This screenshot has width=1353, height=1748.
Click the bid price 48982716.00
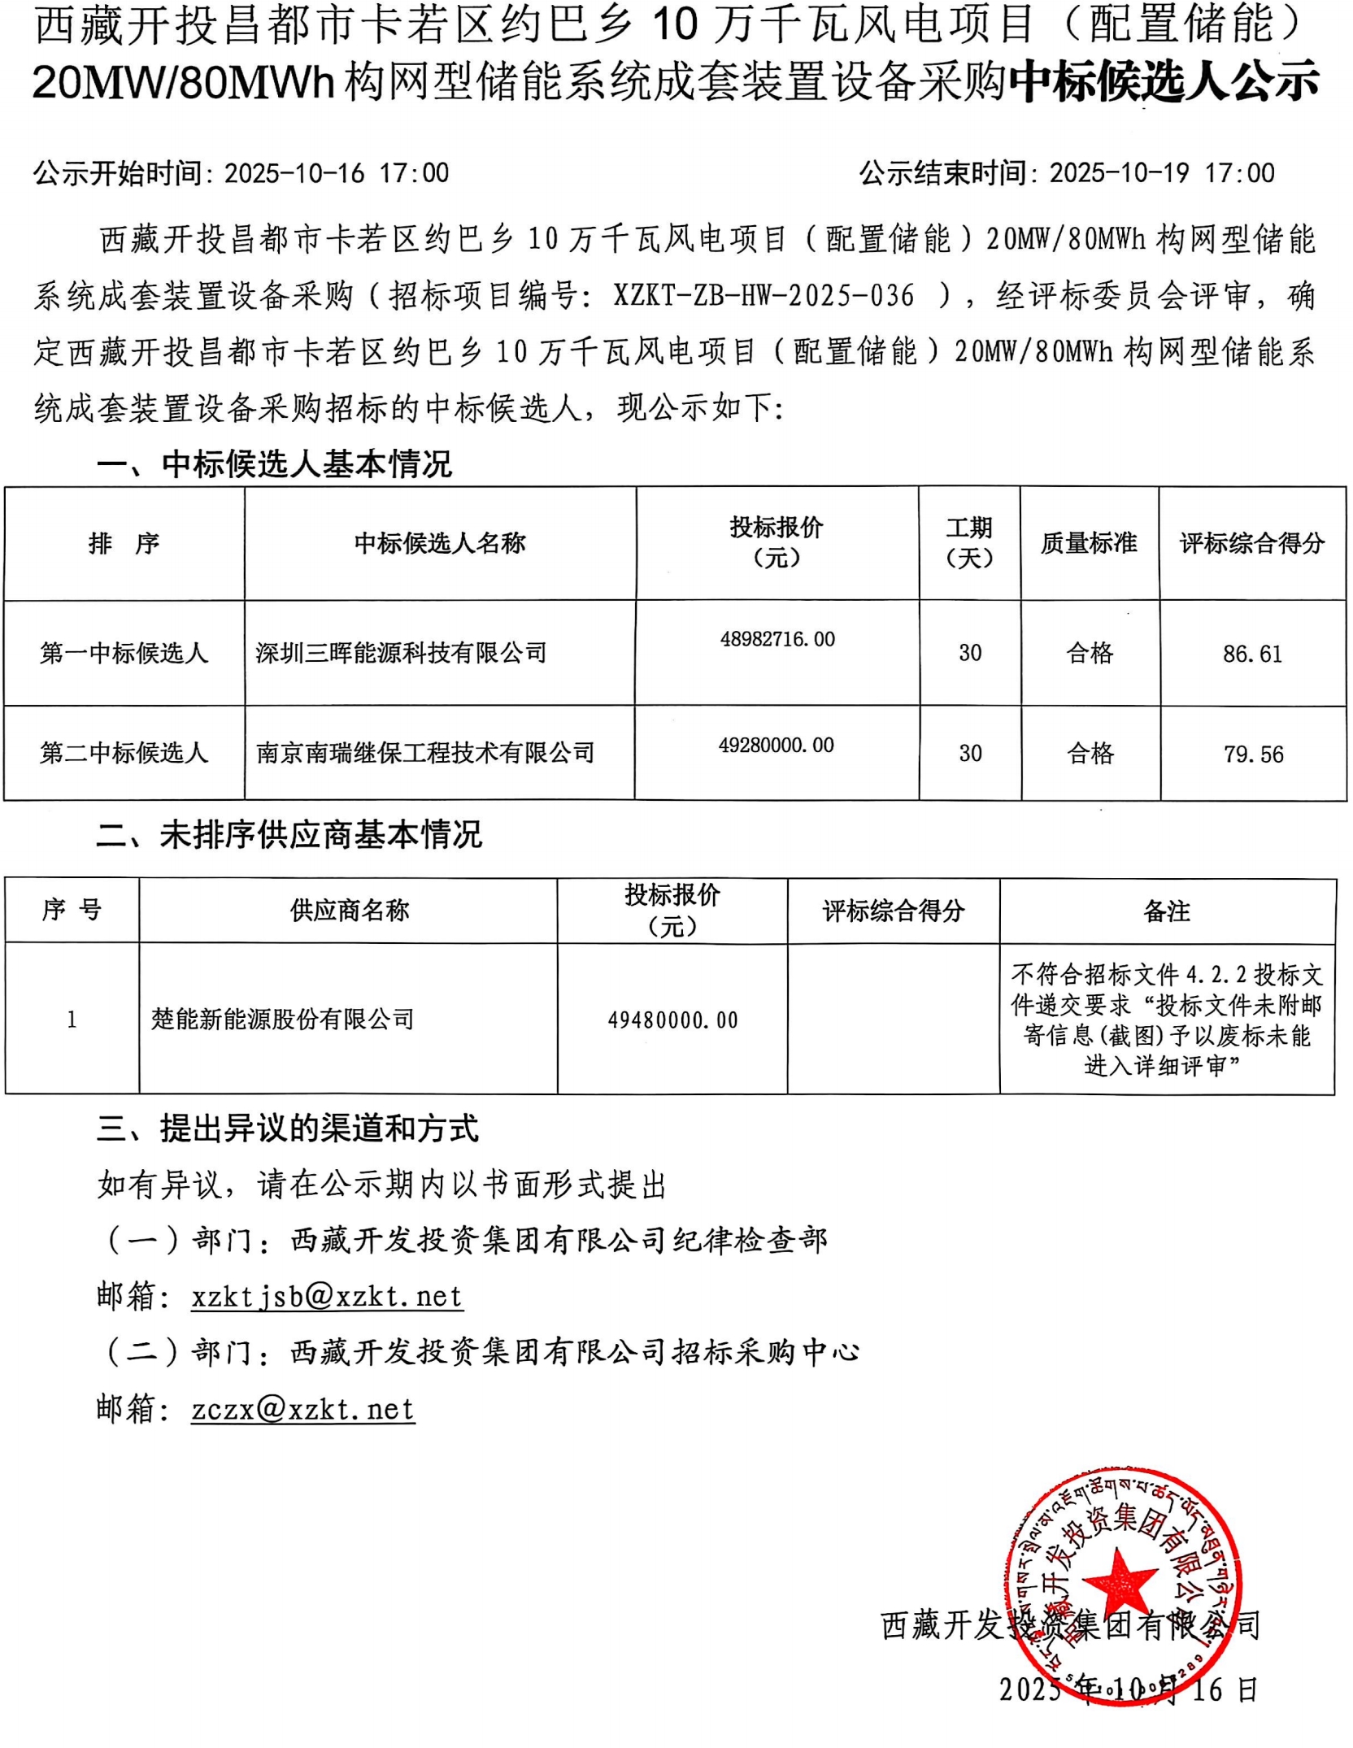pos(777,639)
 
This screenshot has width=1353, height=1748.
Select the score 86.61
pos(1251,654)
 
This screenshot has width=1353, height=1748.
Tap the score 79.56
pos(1253,754)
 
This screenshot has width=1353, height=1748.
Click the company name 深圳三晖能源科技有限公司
pos(401,652)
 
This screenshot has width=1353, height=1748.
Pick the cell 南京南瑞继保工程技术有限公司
pos(425,753)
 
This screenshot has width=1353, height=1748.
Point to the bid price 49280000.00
pos(776,746)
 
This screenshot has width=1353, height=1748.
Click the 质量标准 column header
pos(1089,543)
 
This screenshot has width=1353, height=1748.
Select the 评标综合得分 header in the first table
pos(1252,543)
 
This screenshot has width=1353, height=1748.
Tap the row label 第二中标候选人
pos(124,753)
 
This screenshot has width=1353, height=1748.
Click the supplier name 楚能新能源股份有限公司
pos(282,1019)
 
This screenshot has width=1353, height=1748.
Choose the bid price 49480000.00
pos(672,1020)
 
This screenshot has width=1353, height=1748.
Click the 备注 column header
pos(1166,911)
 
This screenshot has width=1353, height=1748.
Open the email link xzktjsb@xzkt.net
pos(327,1296)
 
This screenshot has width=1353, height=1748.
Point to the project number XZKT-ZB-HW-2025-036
pos(764,296)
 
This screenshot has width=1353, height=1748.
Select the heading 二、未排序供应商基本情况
pos(289,834)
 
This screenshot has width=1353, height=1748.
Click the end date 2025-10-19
pos(1119,173)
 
